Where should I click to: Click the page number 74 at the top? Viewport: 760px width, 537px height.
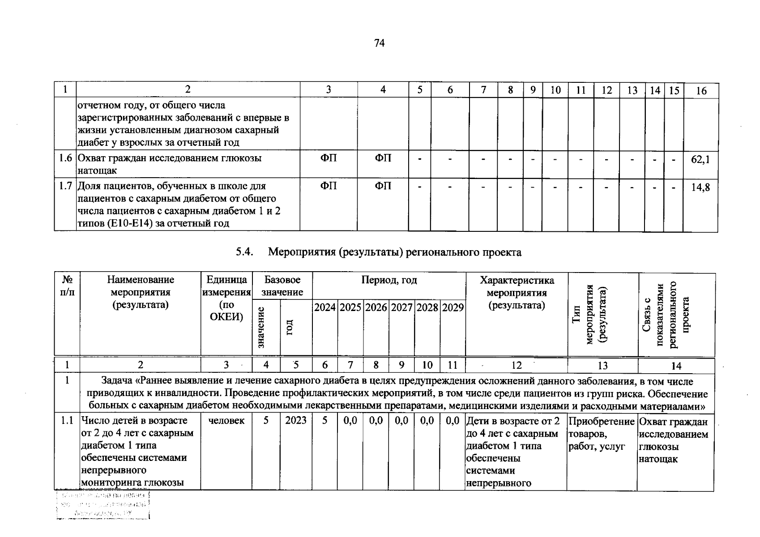379,43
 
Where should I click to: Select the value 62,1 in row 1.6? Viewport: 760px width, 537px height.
700,159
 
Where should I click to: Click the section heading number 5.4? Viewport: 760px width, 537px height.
245,252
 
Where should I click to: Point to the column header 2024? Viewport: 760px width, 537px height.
325,307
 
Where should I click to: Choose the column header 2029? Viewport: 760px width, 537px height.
453,307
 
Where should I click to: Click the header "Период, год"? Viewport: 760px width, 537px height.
389,281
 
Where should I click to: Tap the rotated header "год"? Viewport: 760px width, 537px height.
289,327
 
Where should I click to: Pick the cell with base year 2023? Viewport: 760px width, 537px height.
296,420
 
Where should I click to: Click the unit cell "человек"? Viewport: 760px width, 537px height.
226,420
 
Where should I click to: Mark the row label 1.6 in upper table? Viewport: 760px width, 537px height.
65,158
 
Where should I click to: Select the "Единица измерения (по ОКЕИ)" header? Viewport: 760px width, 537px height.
226,298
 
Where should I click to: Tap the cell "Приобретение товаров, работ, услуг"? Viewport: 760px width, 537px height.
601,434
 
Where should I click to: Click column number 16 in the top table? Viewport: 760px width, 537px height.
701,91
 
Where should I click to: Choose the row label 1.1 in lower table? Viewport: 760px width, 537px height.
67,420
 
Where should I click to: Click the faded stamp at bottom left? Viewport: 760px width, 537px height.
103,505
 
